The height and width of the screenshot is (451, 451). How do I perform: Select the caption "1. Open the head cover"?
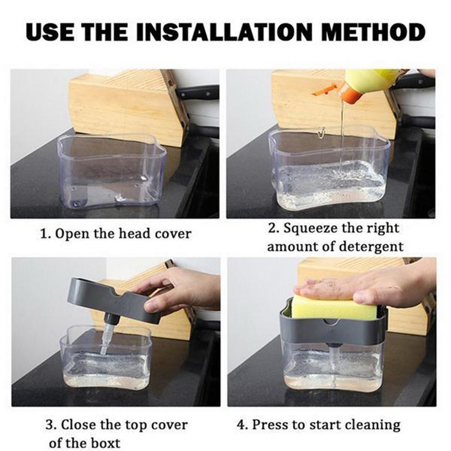(115, 233)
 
